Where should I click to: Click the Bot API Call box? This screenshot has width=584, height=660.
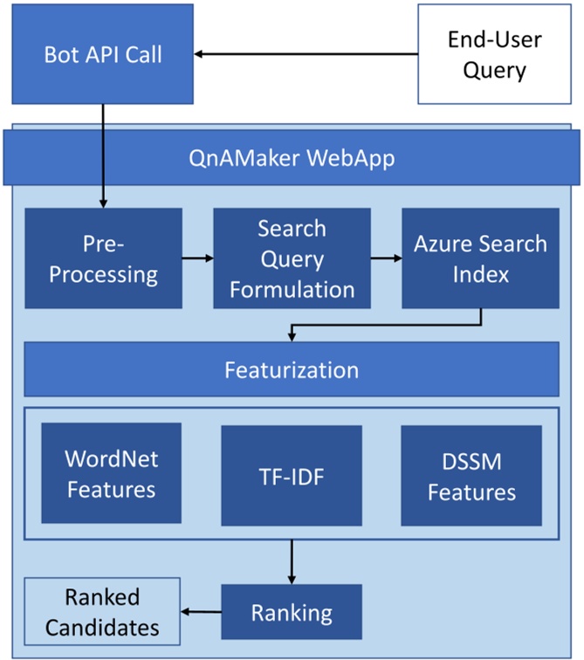tap(103, 54)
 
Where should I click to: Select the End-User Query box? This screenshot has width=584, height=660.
tap(493, 54)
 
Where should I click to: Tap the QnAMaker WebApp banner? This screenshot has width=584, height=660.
tap(291, 159)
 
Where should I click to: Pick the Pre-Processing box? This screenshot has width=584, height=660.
tap(103, 258)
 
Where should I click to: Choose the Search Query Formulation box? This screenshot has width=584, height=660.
tap(291, 258)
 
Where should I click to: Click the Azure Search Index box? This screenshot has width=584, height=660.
tap(480, 258)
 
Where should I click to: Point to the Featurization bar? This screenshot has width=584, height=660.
tap(291, 369)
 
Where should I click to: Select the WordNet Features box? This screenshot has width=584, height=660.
tap(111, 473)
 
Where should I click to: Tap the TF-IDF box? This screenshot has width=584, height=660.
tap(291, 473)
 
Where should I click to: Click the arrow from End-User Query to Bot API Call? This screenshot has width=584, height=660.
tap(306, 55)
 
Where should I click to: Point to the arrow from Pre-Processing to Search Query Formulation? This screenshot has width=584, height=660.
tap(197, 258)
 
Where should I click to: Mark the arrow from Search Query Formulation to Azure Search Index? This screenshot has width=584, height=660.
tap(386, 258)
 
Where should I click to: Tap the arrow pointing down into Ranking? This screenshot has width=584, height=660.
tap(291, 562)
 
